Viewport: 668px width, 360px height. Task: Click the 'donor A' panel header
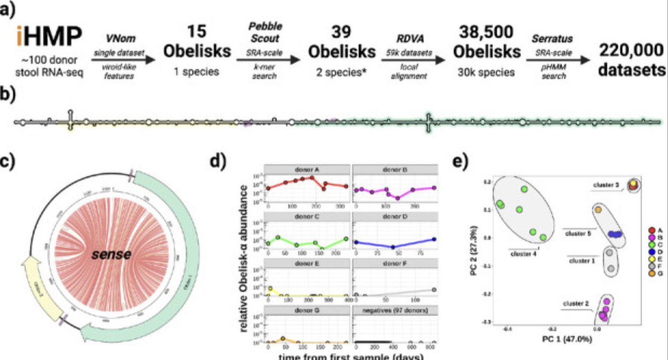coord(306,169)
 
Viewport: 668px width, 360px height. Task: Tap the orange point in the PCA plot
coord(598,209)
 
